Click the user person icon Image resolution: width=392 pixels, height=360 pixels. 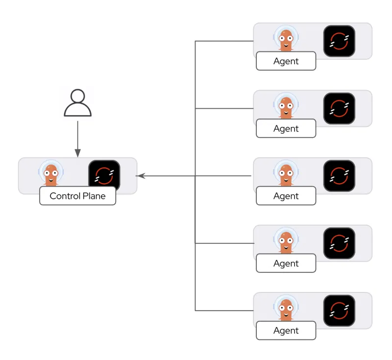77,103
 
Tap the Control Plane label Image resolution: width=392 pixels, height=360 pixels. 77,196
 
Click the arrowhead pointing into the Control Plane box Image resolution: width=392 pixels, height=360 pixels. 140,176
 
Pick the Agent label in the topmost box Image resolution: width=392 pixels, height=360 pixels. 286,61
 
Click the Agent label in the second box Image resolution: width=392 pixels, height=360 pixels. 286,128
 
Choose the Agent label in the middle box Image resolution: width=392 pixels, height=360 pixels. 286,196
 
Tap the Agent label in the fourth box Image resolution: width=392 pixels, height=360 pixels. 286,263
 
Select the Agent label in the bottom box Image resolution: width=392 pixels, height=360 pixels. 286,331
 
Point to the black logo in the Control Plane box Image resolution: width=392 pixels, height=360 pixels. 104,175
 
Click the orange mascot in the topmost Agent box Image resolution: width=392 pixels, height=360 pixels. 286,39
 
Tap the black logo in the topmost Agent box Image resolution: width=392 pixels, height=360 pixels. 339,41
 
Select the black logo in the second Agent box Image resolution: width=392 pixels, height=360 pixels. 339,108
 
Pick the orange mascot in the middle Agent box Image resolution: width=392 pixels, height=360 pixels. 286,173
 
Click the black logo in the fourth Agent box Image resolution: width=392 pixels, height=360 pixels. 339,243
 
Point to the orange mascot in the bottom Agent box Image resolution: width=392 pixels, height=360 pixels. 286,308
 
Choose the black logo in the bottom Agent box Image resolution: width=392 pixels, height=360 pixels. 339,310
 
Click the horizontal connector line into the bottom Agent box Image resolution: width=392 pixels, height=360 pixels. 224,311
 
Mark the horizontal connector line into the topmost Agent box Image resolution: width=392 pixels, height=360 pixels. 224,41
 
